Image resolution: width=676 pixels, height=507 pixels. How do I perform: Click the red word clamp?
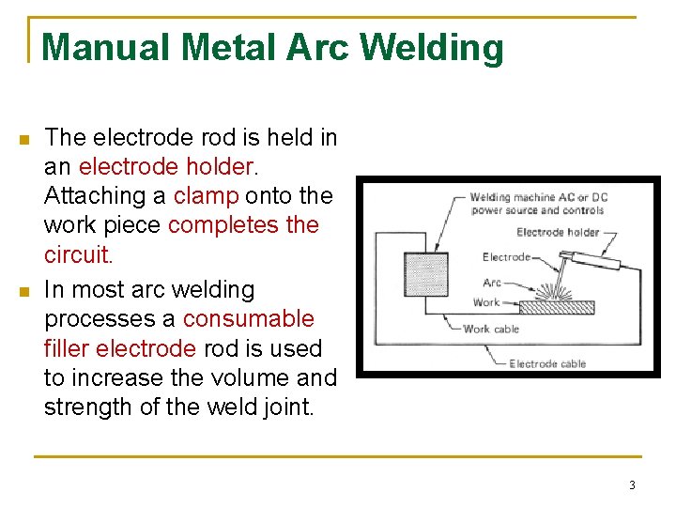point(207,196)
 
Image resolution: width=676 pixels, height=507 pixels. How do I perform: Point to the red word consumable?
point(248,318)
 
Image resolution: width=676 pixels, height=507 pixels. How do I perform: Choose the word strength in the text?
point(84,408)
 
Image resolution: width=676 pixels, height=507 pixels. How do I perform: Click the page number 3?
point(632,485)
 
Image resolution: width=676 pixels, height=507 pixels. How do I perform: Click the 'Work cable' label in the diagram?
point(491,330)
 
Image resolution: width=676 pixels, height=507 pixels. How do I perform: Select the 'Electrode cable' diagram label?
point(547,363)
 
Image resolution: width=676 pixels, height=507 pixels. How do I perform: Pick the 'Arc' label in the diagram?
point(492,283)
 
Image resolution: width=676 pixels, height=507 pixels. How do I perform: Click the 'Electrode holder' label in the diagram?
point(558,232)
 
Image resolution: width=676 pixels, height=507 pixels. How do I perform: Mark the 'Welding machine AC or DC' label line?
point(536,198)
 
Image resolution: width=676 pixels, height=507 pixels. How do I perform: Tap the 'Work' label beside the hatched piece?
point(486,302)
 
